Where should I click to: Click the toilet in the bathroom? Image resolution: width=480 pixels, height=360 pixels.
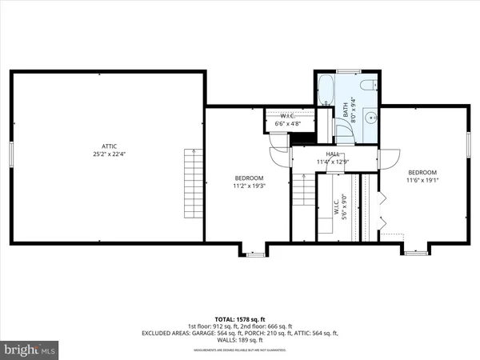[x=366, y=85]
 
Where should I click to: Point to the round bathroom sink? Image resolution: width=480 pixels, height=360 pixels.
[x=370, y=118]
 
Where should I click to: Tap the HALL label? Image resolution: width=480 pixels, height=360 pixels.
[x=333, y=154]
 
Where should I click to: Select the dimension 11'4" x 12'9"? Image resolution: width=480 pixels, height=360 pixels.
[x=333, y=162]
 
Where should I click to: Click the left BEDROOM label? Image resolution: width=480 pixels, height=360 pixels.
[x=248, y=178]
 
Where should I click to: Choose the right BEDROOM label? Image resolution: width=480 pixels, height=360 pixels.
[x=422, y=172]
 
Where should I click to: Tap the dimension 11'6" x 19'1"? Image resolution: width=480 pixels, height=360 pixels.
[x=422, y=181]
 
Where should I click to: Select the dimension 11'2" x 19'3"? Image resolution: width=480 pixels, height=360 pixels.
[x=248, y=186]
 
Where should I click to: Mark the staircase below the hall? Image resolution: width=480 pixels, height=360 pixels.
[x=301, y=192]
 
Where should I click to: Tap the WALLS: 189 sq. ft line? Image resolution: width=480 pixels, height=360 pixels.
[x=241, y=339]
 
